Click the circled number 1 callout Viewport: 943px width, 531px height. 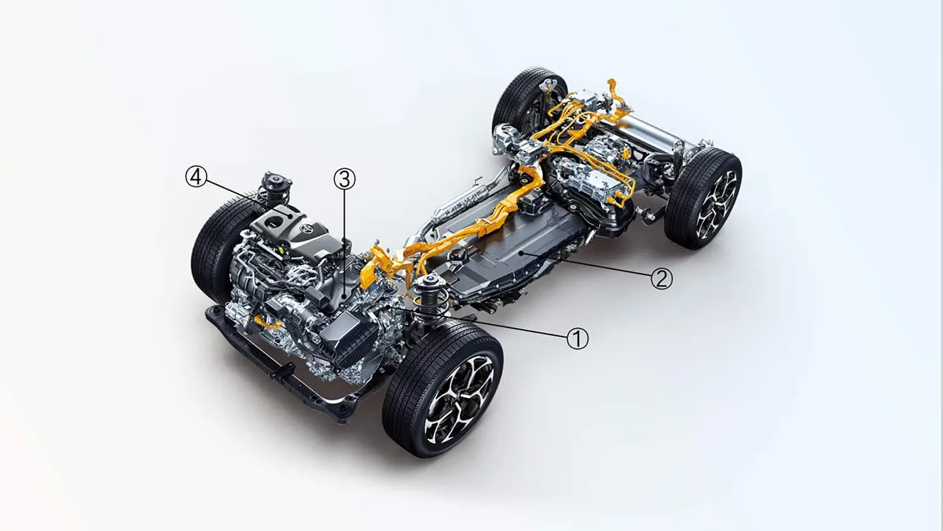click(578, 338)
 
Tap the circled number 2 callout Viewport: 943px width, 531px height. click(662, 278)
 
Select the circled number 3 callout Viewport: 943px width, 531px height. click(344, 179)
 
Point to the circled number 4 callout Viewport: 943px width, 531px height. click(196, 176)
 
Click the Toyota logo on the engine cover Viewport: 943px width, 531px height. click(307, 229)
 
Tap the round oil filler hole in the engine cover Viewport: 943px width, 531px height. click(275, 220)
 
